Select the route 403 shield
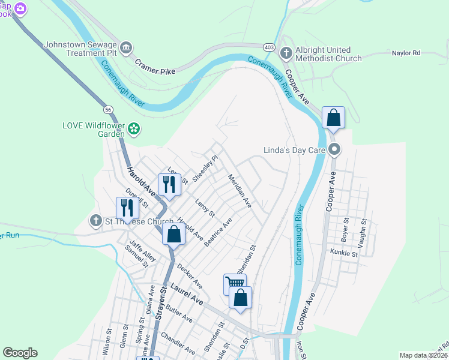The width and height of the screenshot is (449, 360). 268,46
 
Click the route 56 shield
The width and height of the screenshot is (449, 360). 108,110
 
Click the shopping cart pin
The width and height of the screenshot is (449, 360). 235,283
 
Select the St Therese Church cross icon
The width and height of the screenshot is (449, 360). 95,221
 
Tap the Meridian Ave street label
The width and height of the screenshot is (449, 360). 240,192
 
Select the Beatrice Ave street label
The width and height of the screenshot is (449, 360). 218,232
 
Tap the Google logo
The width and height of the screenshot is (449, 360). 20,353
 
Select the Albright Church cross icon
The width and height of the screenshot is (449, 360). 286,53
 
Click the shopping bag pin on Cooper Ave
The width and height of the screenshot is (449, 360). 334,118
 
